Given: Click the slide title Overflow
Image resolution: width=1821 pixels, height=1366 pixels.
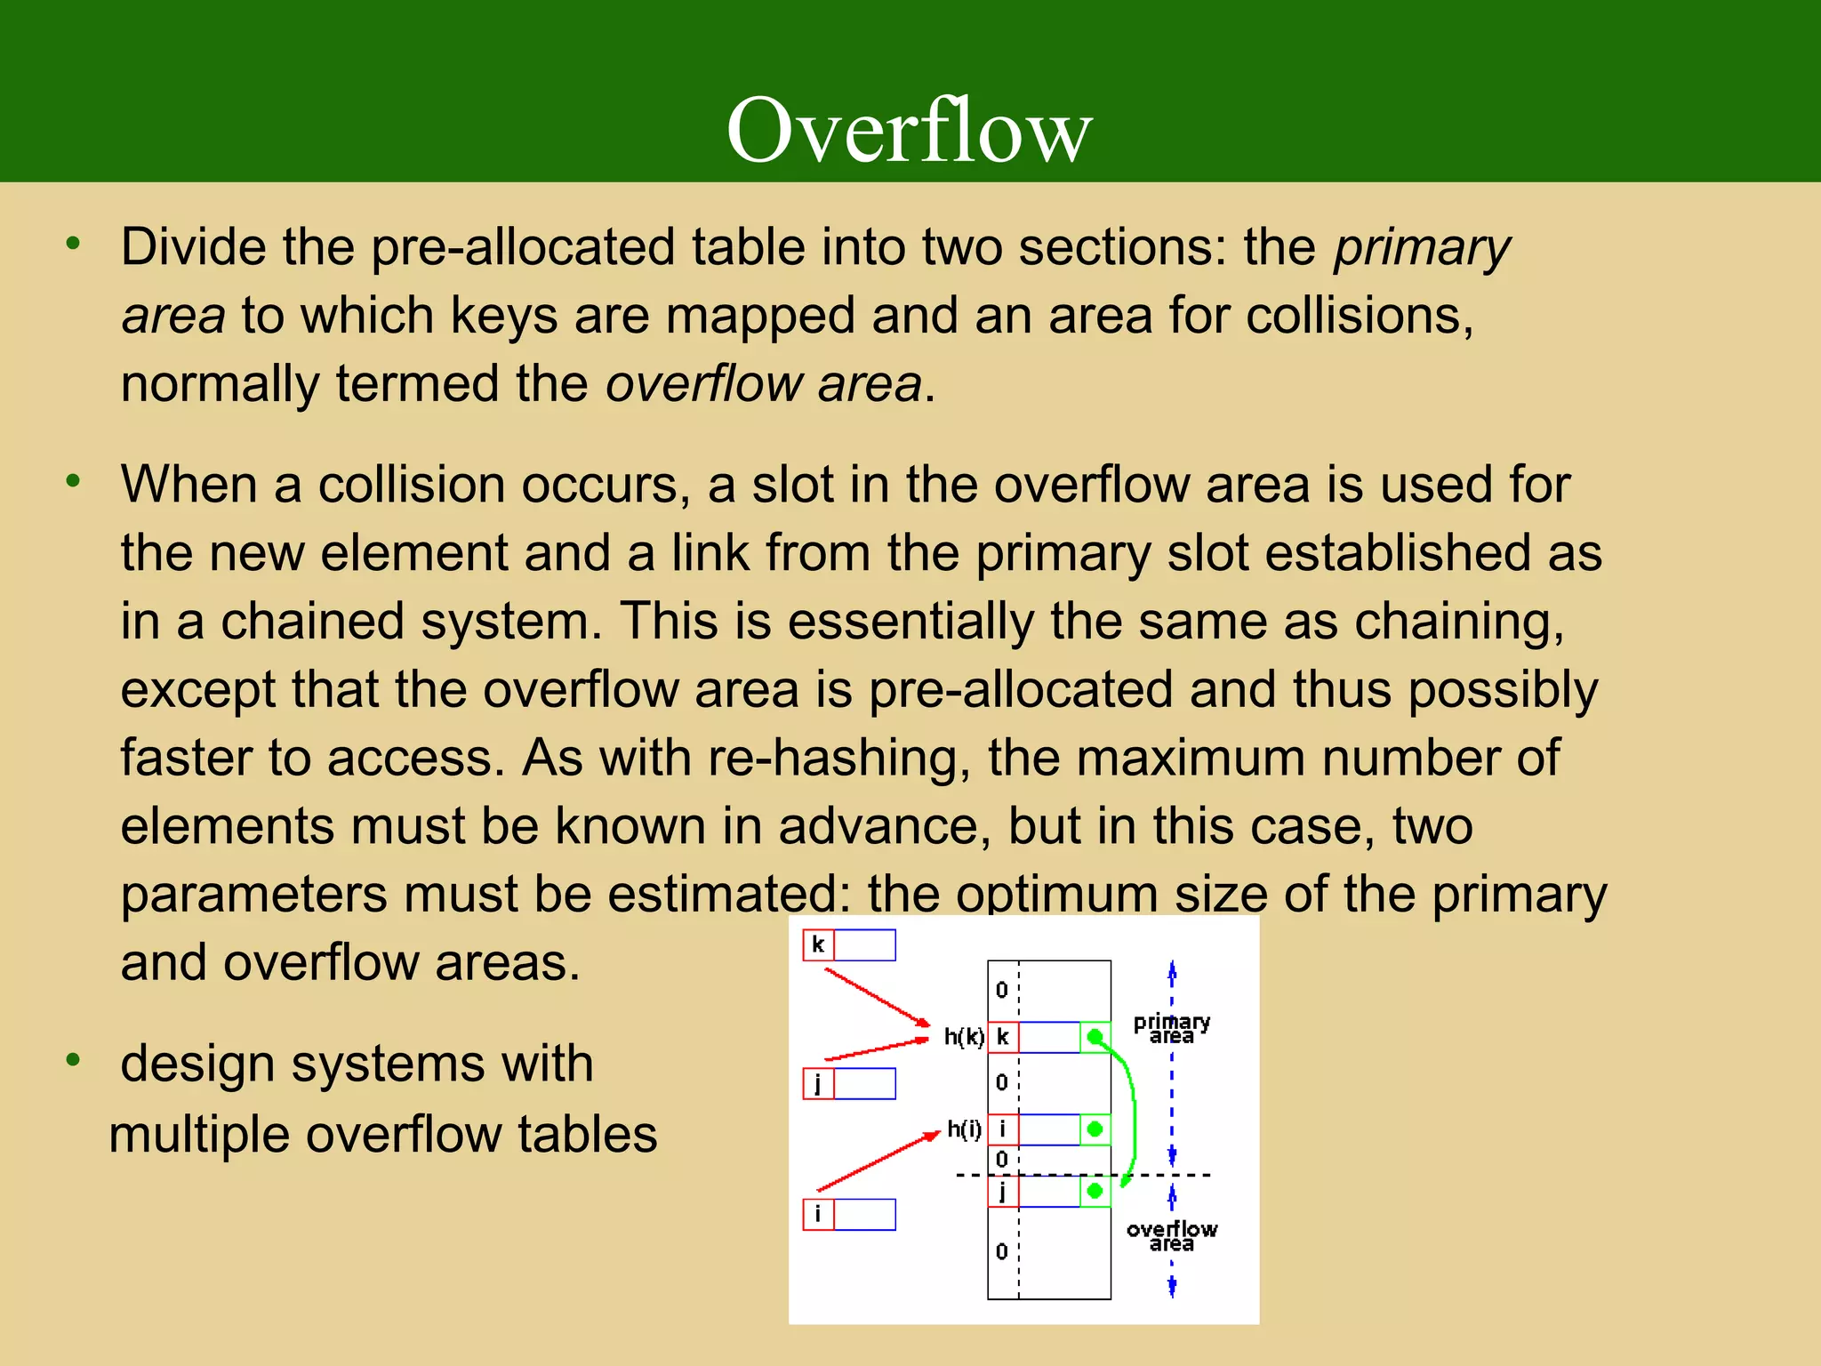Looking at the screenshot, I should [909, 131].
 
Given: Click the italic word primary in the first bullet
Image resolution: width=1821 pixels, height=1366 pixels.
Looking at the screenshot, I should [1421, 247].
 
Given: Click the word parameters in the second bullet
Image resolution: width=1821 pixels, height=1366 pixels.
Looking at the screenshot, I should [253, 895].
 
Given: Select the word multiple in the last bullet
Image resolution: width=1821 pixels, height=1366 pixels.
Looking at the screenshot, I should [198, 1135].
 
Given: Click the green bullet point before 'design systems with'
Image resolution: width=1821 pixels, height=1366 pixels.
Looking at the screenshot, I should [73, 1059].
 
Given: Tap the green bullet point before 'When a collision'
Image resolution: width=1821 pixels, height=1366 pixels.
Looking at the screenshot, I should [73, 481].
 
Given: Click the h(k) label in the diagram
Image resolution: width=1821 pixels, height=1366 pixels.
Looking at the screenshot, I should [964, 1037].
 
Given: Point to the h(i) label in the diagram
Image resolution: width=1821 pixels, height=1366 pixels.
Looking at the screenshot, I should [964, 1129].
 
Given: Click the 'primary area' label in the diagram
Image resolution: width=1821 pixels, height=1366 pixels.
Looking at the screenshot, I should [1171, 1029].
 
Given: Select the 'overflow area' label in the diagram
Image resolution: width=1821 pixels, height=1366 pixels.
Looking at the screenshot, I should [1171, 1236].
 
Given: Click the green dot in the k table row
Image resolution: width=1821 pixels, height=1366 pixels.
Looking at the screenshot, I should [1095, 1037].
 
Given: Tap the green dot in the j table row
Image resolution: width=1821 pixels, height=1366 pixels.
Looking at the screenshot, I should [1095, 1191].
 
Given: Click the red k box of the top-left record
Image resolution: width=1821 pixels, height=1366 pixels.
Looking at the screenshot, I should [818, 944].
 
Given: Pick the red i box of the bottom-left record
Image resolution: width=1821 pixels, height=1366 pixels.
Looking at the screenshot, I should [818, 1214].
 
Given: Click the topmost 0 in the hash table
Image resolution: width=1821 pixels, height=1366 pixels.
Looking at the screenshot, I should [1002, 990].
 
